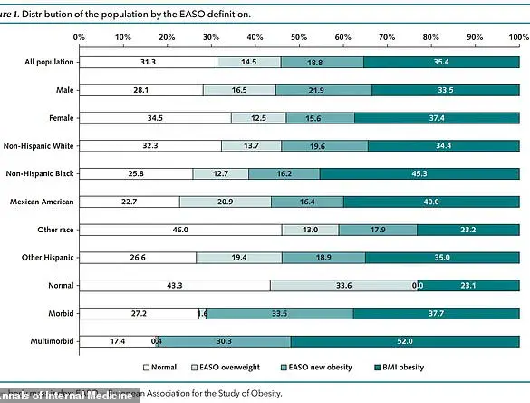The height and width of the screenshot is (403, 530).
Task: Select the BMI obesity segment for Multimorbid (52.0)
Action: (x=405, y=341)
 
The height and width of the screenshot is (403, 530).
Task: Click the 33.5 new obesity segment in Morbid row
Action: (x=280, y=313)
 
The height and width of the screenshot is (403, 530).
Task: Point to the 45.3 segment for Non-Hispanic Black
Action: (x=419, y=173)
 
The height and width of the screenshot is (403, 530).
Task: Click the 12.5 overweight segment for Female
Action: (x=258, y=118)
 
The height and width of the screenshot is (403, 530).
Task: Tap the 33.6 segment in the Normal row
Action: (x=343, y=285)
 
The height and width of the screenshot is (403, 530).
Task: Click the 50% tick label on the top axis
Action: (x=299, y=38)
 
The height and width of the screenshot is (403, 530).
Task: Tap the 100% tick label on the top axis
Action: (x=517, y=38)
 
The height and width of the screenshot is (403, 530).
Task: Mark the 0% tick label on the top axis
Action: (x=80, y=38)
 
